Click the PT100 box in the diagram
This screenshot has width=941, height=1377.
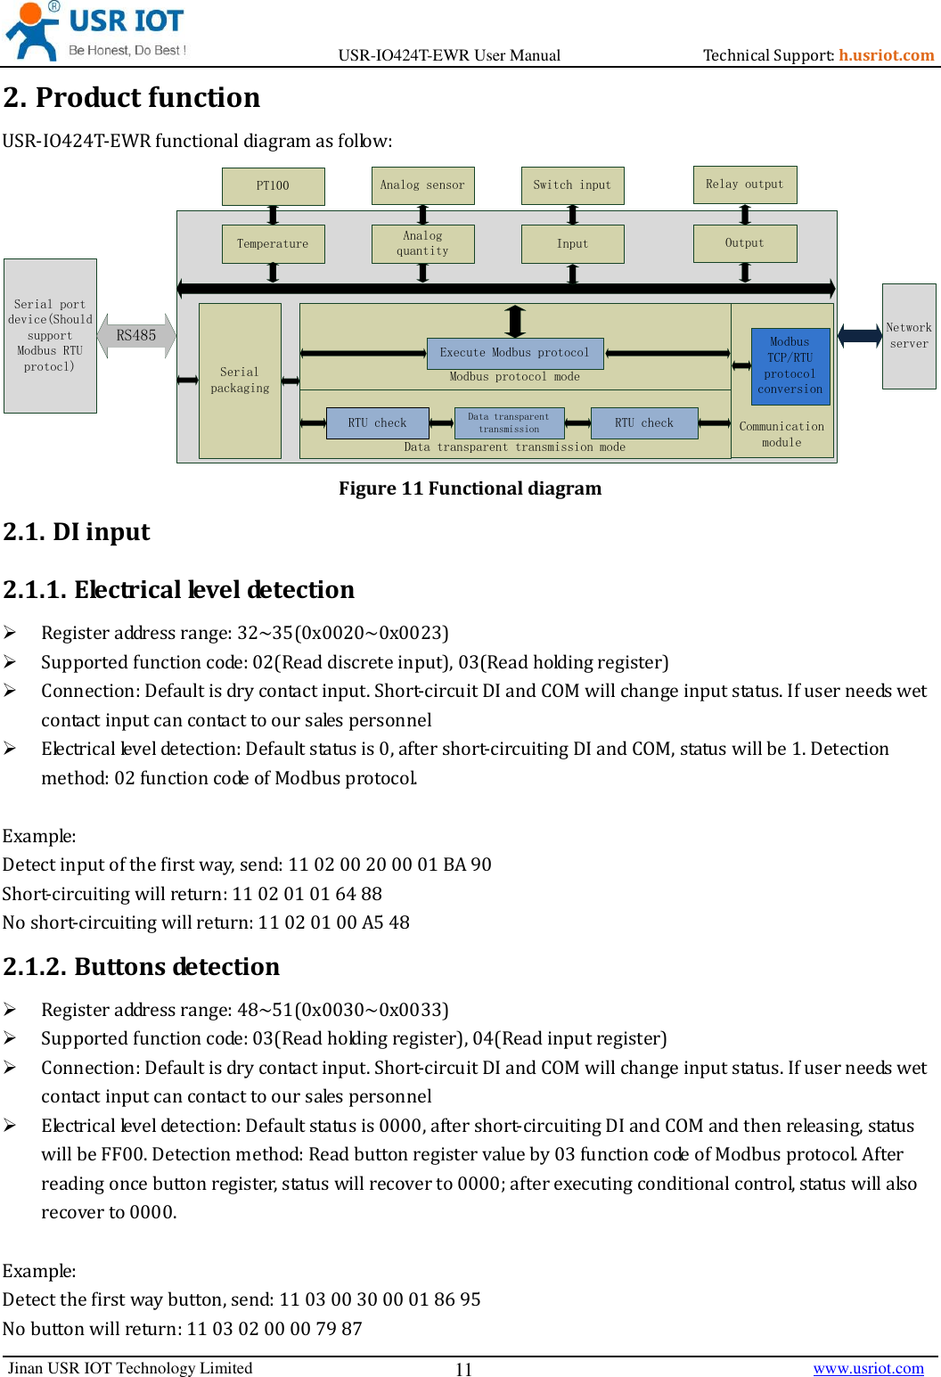(x=273, y=186)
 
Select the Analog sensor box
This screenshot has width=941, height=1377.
(x=422, y=185)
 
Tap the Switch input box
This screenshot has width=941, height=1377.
(x=572, y=185)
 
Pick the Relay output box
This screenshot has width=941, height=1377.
(x=745, y=184)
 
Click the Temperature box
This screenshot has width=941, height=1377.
(x=273, y=244)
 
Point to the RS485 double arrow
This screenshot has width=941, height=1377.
(x=136, y=336)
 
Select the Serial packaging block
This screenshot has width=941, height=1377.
(x=240, y=381)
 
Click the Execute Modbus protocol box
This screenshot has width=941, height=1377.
(x=515, y=353)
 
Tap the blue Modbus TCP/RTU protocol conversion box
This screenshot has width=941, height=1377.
(x=790, y=365)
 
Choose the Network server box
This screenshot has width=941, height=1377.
(x=909, y=336)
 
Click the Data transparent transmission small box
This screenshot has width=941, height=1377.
(x=509, y=423)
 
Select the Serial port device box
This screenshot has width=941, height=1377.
(x=50, y=336)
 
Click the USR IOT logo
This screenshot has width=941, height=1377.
(x=96, y=31)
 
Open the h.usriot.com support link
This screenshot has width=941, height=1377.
(x=886, y=55)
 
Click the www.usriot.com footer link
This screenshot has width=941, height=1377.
(x=868, y=1368)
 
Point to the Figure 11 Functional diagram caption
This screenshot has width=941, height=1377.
(x=470, y=488)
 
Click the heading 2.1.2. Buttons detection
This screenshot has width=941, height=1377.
(x=142, y=967)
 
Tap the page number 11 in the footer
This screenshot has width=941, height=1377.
(x=463, y=1370)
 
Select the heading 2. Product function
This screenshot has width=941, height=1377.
(x=132, y=97)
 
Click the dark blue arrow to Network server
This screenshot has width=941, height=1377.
(x=860, y=336)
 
